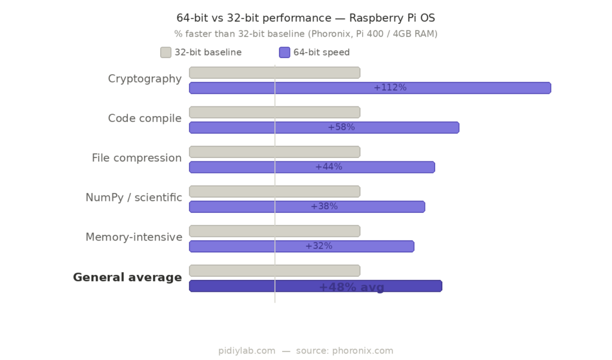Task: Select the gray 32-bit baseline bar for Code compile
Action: (x=274, y=112)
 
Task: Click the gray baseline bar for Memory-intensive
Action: (x=274, y=231)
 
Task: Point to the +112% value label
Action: (x=390, y=88)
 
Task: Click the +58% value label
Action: (x=341, y=127)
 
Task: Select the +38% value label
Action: (x=324, y=206)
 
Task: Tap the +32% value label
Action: (x=319, y=246)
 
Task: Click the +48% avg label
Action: (x=351, y=287)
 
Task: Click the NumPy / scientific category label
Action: (x=134, y=197)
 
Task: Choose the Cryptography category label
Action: (x=145, y=79)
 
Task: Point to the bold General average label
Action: (x=127, y=277)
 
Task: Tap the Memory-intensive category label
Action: (x=134, y=237)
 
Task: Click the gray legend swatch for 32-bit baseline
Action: (x=166, y=53)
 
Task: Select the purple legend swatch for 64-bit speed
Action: (x=284, y=53)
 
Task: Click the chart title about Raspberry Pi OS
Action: (x=305, y=18)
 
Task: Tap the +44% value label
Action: (x=329, y=167)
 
